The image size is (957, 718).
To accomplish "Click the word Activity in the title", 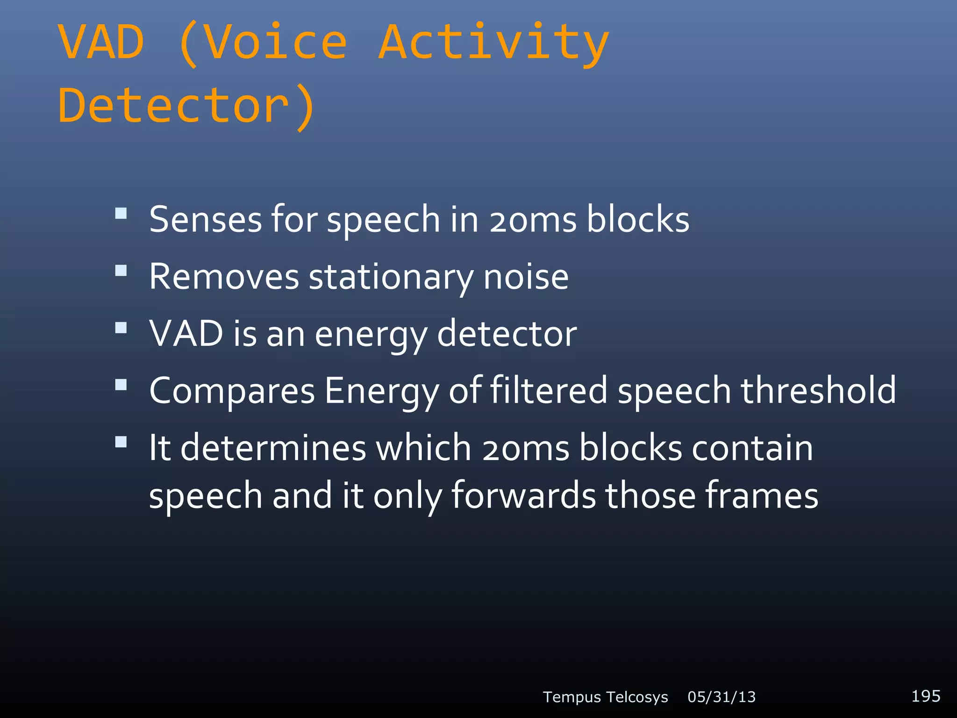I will tap(493, 43).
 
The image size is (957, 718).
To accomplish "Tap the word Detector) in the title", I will tap(187, 107).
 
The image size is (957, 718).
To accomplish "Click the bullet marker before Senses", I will tap(121, 214).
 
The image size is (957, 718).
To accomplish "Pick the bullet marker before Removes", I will tap(121, 271).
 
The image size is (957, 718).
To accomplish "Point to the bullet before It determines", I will tap(121, 442).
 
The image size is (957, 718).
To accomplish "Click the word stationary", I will tap(391, 277).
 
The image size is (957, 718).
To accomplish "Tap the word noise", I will tap(526, 277).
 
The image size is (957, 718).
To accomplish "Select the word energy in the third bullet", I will tap(371, 335).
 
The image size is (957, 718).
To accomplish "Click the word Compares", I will tap(232, 391).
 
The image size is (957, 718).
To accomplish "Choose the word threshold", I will tap(818, 390).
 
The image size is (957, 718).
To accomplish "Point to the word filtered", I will tap(549, 390).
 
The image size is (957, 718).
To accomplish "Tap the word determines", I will tap(273, 448).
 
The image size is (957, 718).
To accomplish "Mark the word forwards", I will tap(523, 495).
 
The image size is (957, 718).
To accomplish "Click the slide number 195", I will tap(926, 696).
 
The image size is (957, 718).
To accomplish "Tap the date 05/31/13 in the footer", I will tap(721, 697).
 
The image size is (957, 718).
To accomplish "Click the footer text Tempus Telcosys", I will tap(605, 697).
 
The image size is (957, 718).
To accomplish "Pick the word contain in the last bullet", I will tap(752, 448).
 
